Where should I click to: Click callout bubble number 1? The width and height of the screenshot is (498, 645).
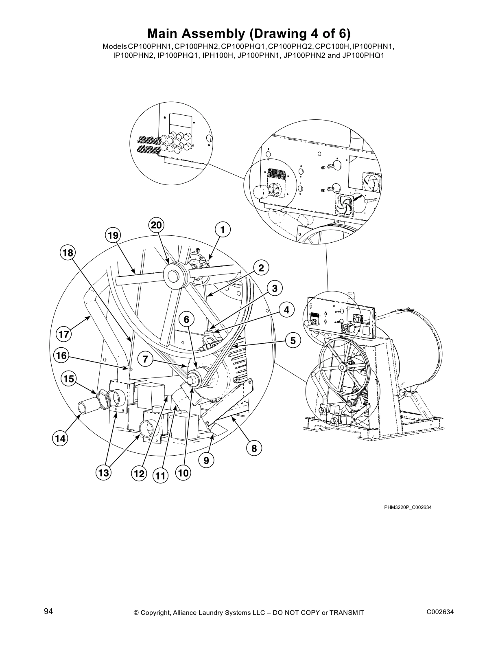click(x=223, y=229)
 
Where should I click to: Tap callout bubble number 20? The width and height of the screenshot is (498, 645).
click(x=156, y=225)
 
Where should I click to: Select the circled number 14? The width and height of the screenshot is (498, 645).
click(x=60, y=439)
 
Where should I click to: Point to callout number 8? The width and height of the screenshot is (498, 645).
click(x=254, y=448)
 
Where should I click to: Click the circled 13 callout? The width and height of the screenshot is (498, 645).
click(x=103, y=473)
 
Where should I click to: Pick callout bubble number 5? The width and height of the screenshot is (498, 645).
click(x=293, y=340)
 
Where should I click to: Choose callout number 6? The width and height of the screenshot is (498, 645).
click(x=186, y=320)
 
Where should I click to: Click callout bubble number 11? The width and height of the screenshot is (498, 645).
click(x=161, y=476)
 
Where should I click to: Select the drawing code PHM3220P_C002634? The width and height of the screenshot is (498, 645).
click(x=408, y=507)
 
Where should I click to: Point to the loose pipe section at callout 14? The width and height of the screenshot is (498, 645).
click(x=87, y=408)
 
